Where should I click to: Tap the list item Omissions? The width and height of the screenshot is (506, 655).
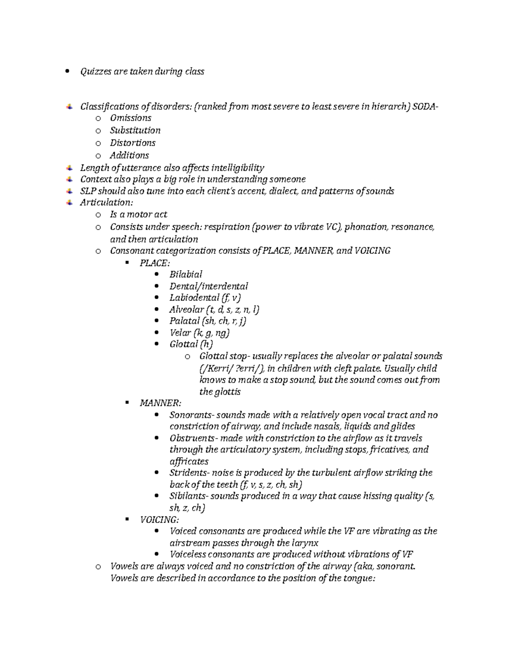point(130,118)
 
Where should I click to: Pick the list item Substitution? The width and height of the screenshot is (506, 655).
point(135,130)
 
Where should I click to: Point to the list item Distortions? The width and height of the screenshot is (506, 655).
point(132,143)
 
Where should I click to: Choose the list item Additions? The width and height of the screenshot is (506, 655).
point(129,155)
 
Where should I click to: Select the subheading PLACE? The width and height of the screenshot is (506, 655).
point(155,263)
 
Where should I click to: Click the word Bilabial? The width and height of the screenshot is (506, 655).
point(186,275)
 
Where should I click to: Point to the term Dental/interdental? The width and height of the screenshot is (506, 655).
point(209,286)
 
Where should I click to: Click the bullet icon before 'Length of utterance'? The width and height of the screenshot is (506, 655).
point(69,167)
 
